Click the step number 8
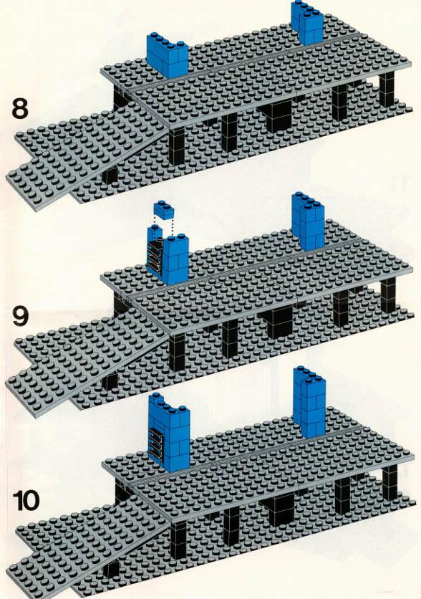click(x=20, y=108)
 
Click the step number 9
click(x=20, y=317)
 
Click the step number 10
click(x=26, y=501)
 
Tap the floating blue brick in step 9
click(x=164, y=210)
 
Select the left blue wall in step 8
click(x=167, y=55)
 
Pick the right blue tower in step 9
click(x=308, y=221)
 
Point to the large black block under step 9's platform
click(x=279, y=322)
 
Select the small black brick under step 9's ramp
click(x=110, y=381)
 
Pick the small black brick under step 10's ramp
click(x=111, y=570)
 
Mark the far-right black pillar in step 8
click(x=387, y=90)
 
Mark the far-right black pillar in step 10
click(x=389, y=482)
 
